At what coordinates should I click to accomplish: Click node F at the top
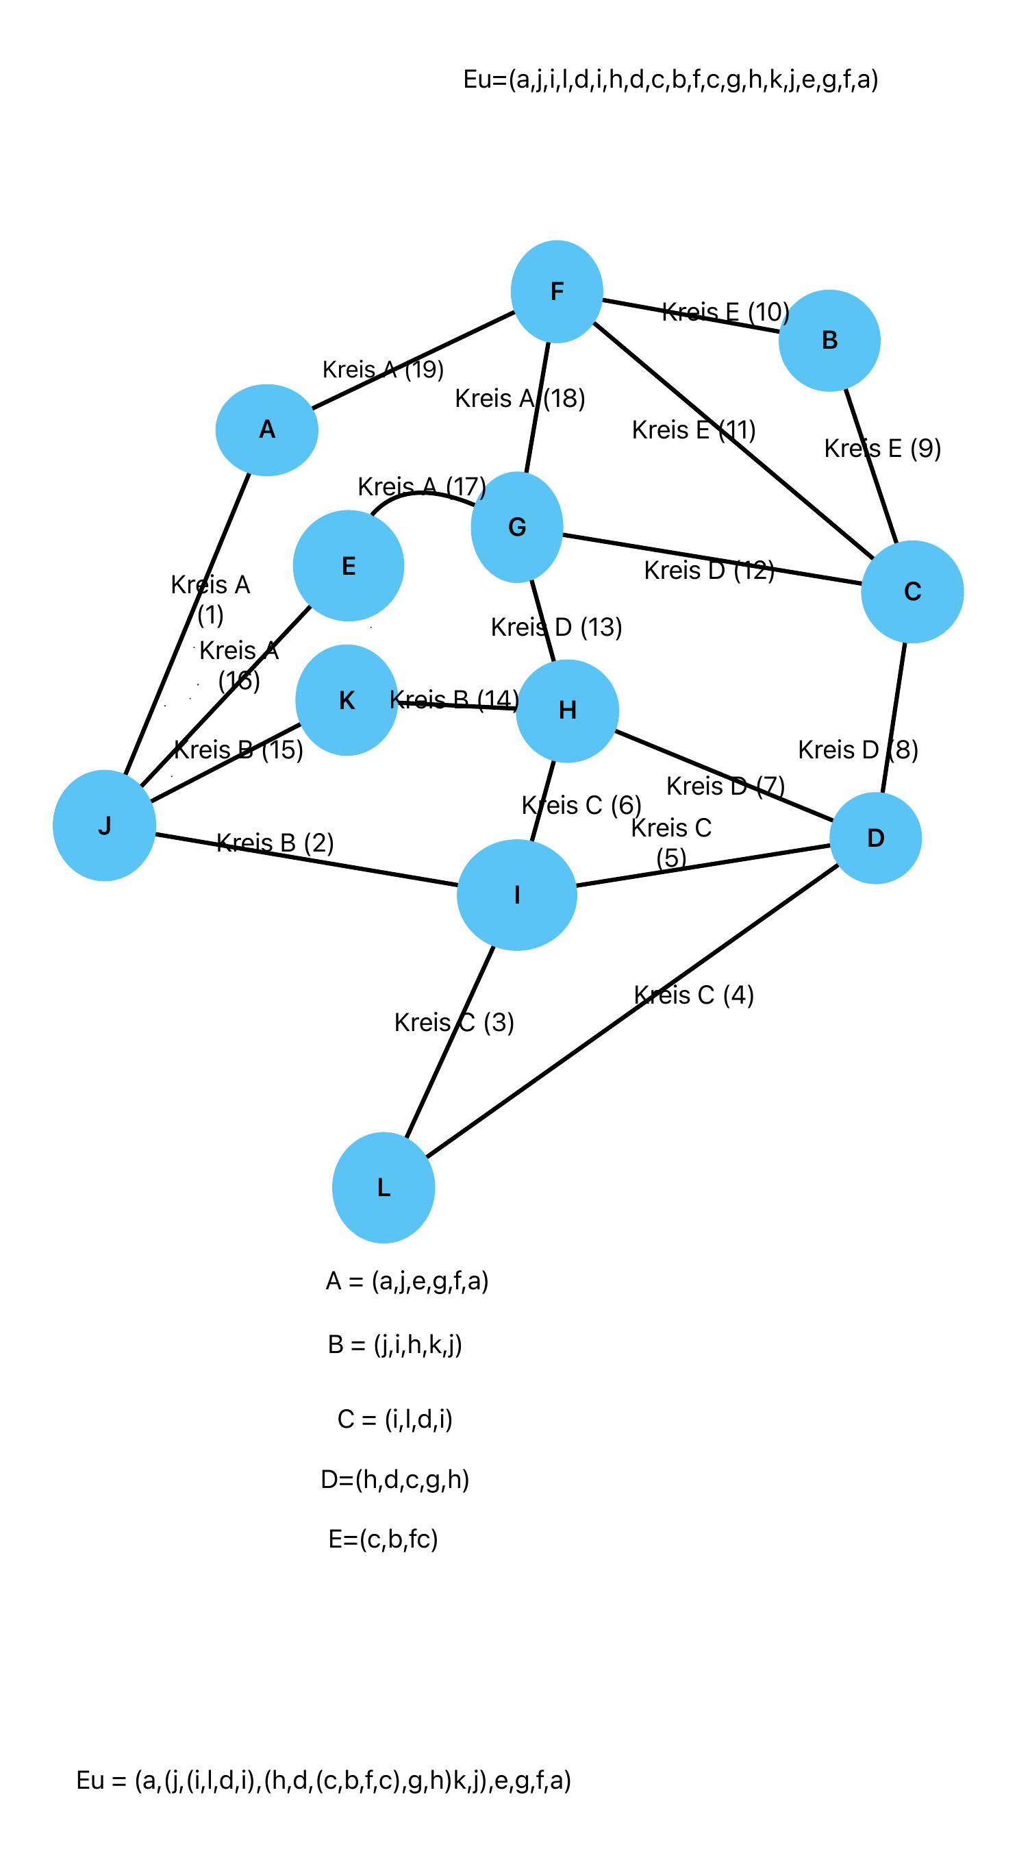point(557,291)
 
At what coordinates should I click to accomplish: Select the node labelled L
point(384,1187)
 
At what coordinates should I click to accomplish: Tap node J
point(105,826)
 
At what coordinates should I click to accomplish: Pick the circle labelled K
point(347,699)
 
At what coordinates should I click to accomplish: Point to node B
point(829,340)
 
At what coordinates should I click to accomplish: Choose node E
point(349,565)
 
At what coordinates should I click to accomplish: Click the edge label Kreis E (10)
point(725,312)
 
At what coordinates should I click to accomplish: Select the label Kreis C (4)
point(694,995)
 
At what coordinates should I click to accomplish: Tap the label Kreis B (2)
point(275,843)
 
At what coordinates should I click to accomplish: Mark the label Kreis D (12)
point(709,570)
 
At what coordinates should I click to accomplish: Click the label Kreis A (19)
point(383,369)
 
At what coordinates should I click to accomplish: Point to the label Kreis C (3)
point(454,1022)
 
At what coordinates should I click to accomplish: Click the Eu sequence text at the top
point(670,79)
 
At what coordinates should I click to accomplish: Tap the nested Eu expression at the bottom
point(323,1781)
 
